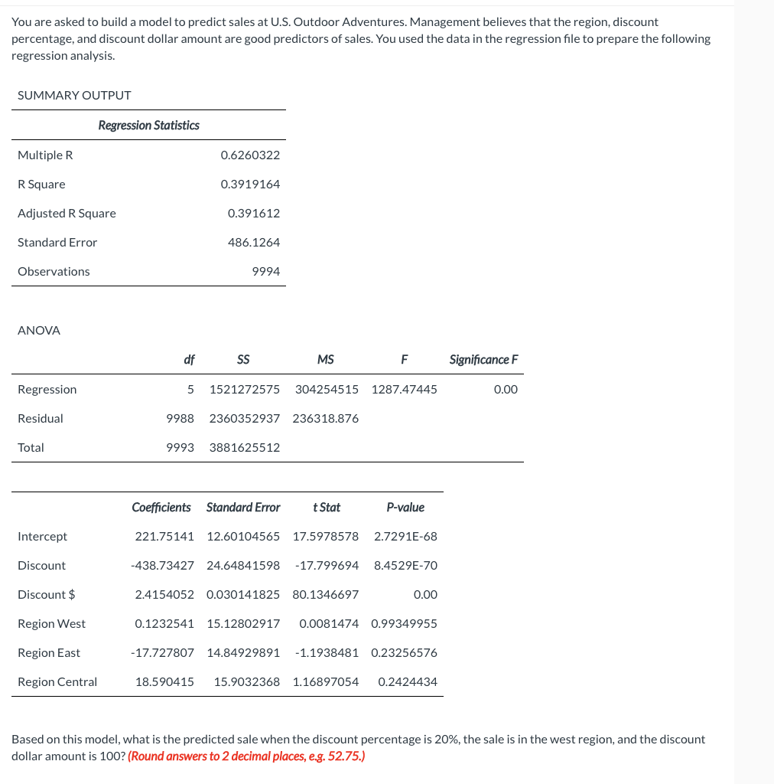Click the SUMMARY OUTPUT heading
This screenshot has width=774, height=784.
[x=74, y=96]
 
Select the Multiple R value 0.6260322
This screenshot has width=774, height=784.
[x=250, y=155]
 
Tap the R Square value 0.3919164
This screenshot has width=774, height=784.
[x=250, y=185]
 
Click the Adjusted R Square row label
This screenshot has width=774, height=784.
[x=67, y=214]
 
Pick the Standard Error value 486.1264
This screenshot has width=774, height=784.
[x=254, y=243]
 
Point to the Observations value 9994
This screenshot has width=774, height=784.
[x=265, y=272]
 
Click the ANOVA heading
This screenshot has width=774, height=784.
[x=39, y=331]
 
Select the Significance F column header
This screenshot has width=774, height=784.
[x=483, y=360]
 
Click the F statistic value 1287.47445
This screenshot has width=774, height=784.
[x=404, y=390]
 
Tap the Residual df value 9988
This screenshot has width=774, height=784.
[x=180, y=419]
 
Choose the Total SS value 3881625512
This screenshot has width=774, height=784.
[x=244, y=448]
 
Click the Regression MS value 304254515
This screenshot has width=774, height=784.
[x=327, y=390]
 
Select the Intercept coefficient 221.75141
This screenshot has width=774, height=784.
[x=164, y=537]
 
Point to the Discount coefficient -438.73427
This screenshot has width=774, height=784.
[x=162, y=566]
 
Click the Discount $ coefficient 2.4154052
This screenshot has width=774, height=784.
[x=164, y=595]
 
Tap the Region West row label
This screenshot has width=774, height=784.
[x=51, y=624]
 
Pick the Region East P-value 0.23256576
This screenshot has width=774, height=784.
[x=404, y=653]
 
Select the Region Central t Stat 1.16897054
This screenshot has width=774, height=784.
[x=325, y=682]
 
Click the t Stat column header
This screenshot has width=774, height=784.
[x=327, y=508]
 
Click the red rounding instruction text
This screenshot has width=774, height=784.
[x=246, y=756]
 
